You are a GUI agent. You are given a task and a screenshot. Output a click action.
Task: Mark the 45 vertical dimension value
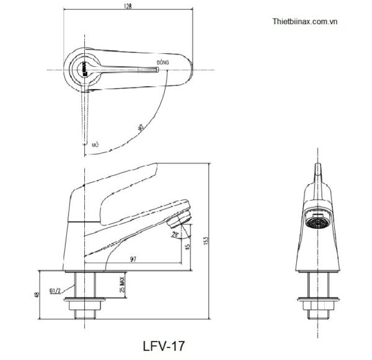pyautogui.click(x=188, y=248)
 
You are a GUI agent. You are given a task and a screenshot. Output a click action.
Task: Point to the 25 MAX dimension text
pyautogui.click(x=122, y=284)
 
